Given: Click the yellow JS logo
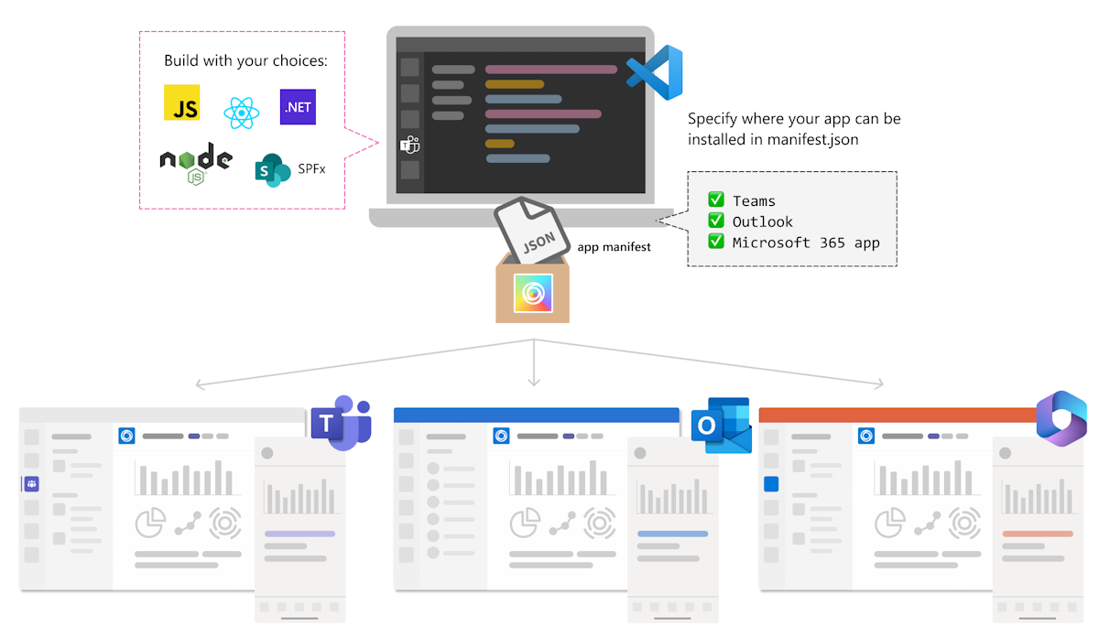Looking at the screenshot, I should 181,103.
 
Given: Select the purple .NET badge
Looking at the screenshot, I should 298,107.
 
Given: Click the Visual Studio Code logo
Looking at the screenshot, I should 655,72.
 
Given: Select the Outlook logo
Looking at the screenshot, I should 722,426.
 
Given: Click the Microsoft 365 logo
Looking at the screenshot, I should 1061,419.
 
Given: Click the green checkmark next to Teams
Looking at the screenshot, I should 716,200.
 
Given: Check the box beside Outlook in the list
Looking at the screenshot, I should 716,221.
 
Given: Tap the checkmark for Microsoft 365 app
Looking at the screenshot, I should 716,243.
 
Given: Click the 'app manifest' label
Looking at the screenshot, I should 614,247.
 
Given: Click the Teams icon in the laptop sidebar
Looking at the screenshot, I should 409,145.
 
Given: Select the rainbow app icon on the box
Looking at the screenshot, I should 532,293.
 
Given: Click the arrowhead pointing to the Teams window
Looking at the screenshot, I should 199,384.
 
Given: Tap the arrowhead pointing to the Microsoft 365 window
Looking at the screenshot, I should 881,384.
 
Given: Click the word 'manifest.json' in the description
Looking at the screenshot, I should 821,141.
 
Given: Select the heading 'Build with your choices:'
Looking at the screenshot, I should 245,61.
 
